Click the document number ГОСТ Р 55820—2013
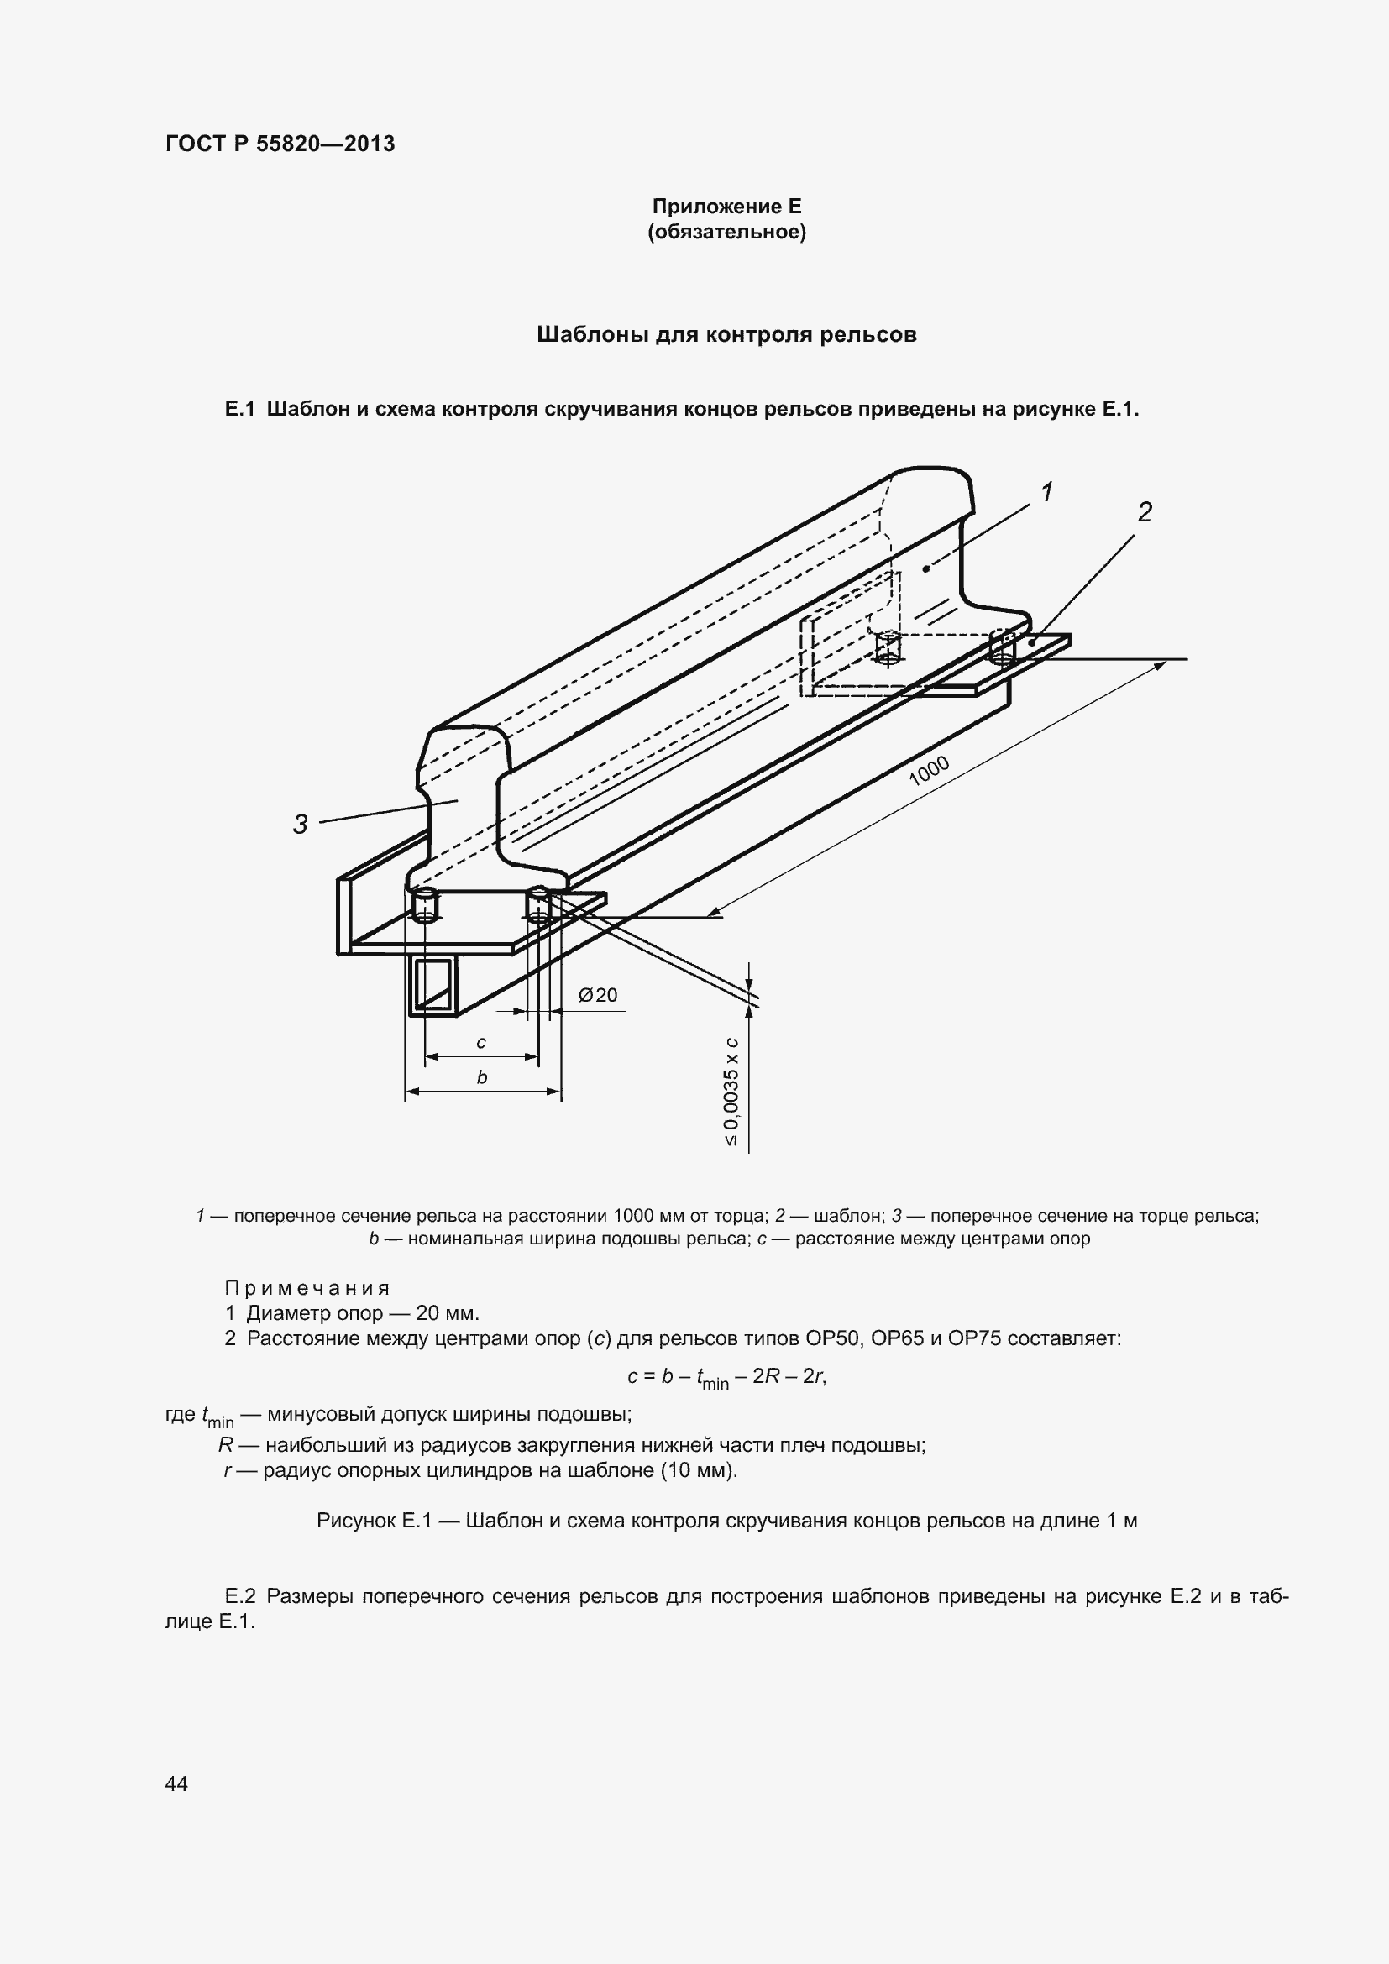[280, 144]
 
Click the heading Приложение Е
[726, 207]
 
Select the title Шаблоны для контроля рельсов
[726, 334]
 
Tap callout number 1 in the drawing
[1046, 492]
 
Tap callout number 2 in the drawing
[1145, 512]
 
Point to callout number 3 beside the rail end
[300, 825]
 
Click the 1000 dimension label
[929, 771]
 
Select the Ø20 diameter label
[598, 995]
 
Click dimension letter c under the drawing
[481, 1043]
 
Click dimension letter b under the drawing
[481, 1078]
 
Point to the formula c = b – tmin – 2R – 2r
[726, 1376]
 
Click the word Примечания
[307, 1288]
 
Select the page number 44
[176, 1783]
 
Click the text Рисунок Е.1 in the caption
[375, 1521]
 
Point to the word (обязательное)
[726, 233]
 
